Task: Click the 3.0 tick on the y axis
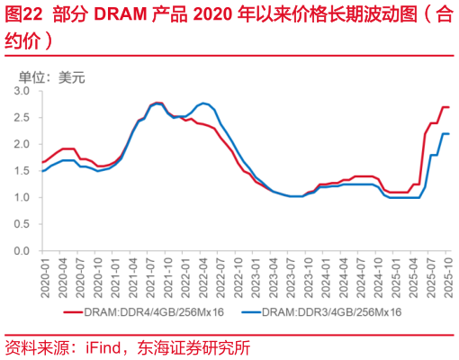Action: pyautogui.click(x=22, y=91)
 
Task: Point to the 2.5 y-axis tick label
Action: pyautogui.click(x=22, y=118)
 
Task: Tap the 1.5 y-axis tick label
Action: pyautogui.click(x=22, y=171)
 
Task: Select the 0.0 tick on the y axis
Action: pyautogui.click(x=22, y=250)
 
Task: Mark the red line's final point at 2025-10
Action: pyautogui.click(x=448, y=107)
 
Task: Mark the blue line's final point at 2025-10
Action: pyautogui.click(x=448, y=134)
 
